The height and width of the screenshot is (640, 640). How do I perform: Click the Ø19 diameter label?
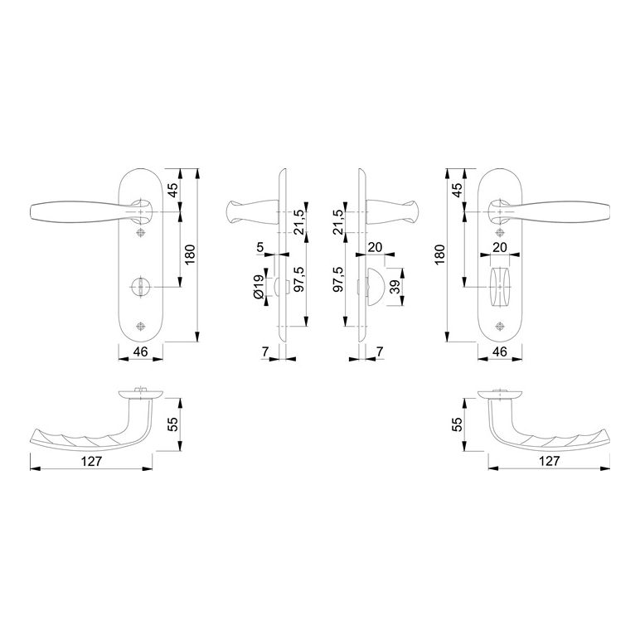[259, 287]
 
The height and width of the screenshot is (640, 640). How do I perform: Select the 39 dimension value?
[395, 287]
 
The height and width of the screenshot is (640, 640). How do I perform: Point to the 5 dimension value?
[260, 247]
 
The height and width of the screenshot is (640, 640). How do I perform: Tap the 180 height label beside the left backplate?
[190, 255]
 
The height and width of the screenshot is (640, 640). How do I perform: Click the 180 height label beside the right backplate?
[439, 255]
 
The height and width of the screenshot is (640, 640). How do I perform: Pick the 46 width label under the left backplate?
[140, 352]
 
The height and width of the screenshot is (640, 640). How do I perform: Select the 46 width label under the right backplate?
[500, 352]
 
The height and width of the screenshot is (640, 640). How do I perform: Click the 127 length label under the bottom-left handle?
[91, 461]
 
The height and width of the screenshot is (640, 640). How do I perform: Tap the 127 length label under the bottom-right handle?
[549, 461]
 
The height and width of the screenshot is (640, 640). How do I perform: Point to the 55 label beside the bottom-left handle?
[173, 424]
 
